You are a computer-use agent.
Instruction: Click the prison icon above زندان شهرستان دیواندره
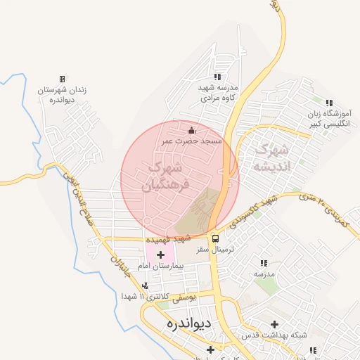(x=62, y=79)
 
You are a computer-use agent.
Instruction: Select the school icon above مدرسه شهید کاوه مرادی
(x=217, y=77)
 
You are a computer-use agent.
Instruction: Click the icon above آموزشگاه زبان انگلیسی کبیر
(x=329, y=103)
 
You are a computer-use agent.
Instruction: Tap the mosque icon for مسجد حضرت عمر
(x=192, y=130)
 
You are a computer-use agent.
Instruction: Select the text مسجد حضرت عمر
(x=192, y=141)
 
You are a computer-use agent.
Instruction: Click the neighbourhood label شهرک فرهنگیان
(x=166, y=176)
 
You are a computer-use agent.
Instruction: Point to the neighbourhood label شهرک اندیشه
(x=271, y=158)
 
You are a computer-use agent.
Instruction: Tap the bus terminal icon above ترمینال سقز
(x=215, y=238)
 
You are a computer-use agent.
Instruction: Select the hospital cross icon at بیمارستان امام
(x=161, y=254)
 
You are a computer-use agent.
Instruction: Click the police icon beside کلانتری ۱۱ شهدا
(x=145, y=285)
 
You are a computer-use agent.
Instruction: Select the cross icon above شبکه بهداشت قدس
(x=275, y=324)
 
